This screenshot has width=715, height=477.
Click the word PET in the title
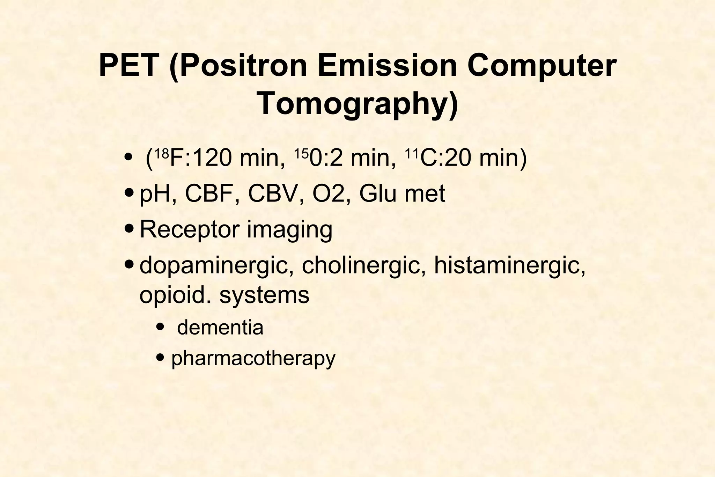127,66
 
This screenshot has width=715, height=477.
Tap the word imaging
289,230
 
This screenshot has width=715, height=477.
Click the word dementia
220,328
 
